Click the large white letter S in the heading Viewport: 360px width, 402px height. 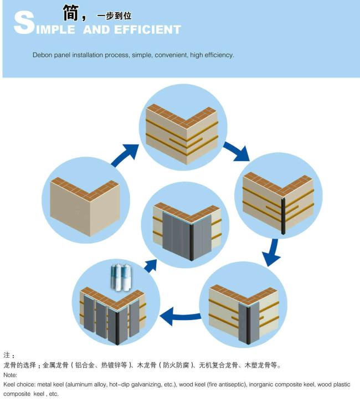(x=24, y=23)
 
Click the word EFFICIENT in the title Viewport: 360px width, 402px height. (x=148, y=29)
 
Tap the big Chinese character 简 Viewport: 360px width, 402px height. (x=71, y=13)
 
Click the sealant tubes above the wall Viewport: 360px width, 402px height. (x=120, y=277)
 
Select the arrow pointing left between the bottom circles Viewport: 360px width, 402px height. (x=180, y=316)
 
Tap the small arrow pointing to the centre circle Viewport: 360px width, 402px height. (x=151, y=266)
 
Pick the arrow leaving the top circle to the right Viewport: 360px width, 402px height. (x=236, y=152)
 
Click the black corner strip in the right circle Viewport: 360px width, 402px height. (x=283, y=216)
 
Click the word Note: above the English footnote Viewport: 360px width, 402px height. (x=11, y=375)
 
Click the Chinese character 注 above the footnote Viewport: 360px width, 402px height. (x=7, y=355)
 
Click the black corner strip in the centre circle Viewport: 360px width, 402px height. (x=191, y=243)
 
